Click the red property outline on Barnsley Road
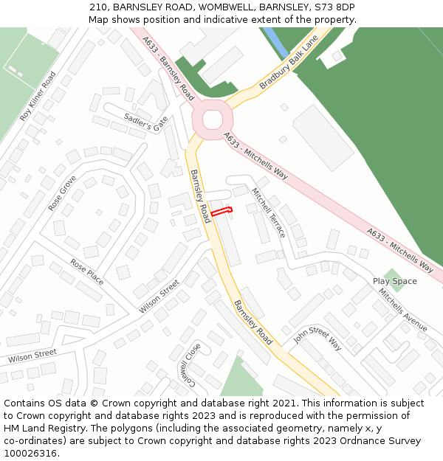[x=221, y=212]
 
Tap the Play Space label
[x=394, y=281]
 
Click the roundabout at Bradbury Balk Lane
[x=213, y=119]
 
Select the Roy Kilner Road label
[x=38, y=97]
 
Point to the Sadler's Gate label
[x=146, y=121]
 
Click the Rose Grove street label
[x=63, y=193]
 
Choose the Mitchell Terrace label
[x=268, y=212]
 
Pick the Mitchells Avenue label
[x=403, y=309]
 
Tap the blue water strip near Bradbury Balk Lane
[x=277, y=42]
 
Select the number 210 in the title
[x=98, y=7]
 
